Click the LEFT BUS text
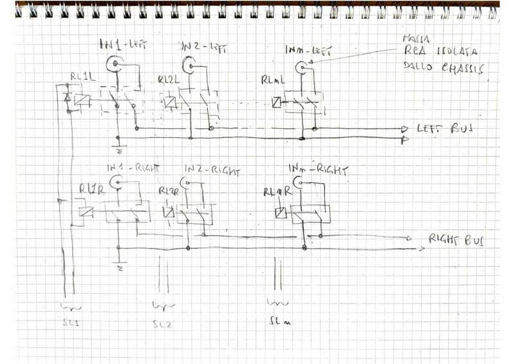pyautogui.click(x=445, y=128)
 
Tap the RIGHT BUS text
pyautogui.click(x=456, y=240)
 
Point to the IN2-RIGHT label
pyautogui.click(x=212, y=171)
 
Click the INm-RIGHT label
pyautogui.click(x=317, y=170)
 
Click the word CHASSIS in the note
pyautogui.click(x=461, y=69)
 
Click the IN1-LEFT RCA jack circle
pyautogui.click(x=115, y=63)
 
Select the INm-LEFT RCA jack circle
pyautogui.click(x=301, y=67)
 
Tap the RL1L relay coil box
pyautogui.click(x=82, y=100)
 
